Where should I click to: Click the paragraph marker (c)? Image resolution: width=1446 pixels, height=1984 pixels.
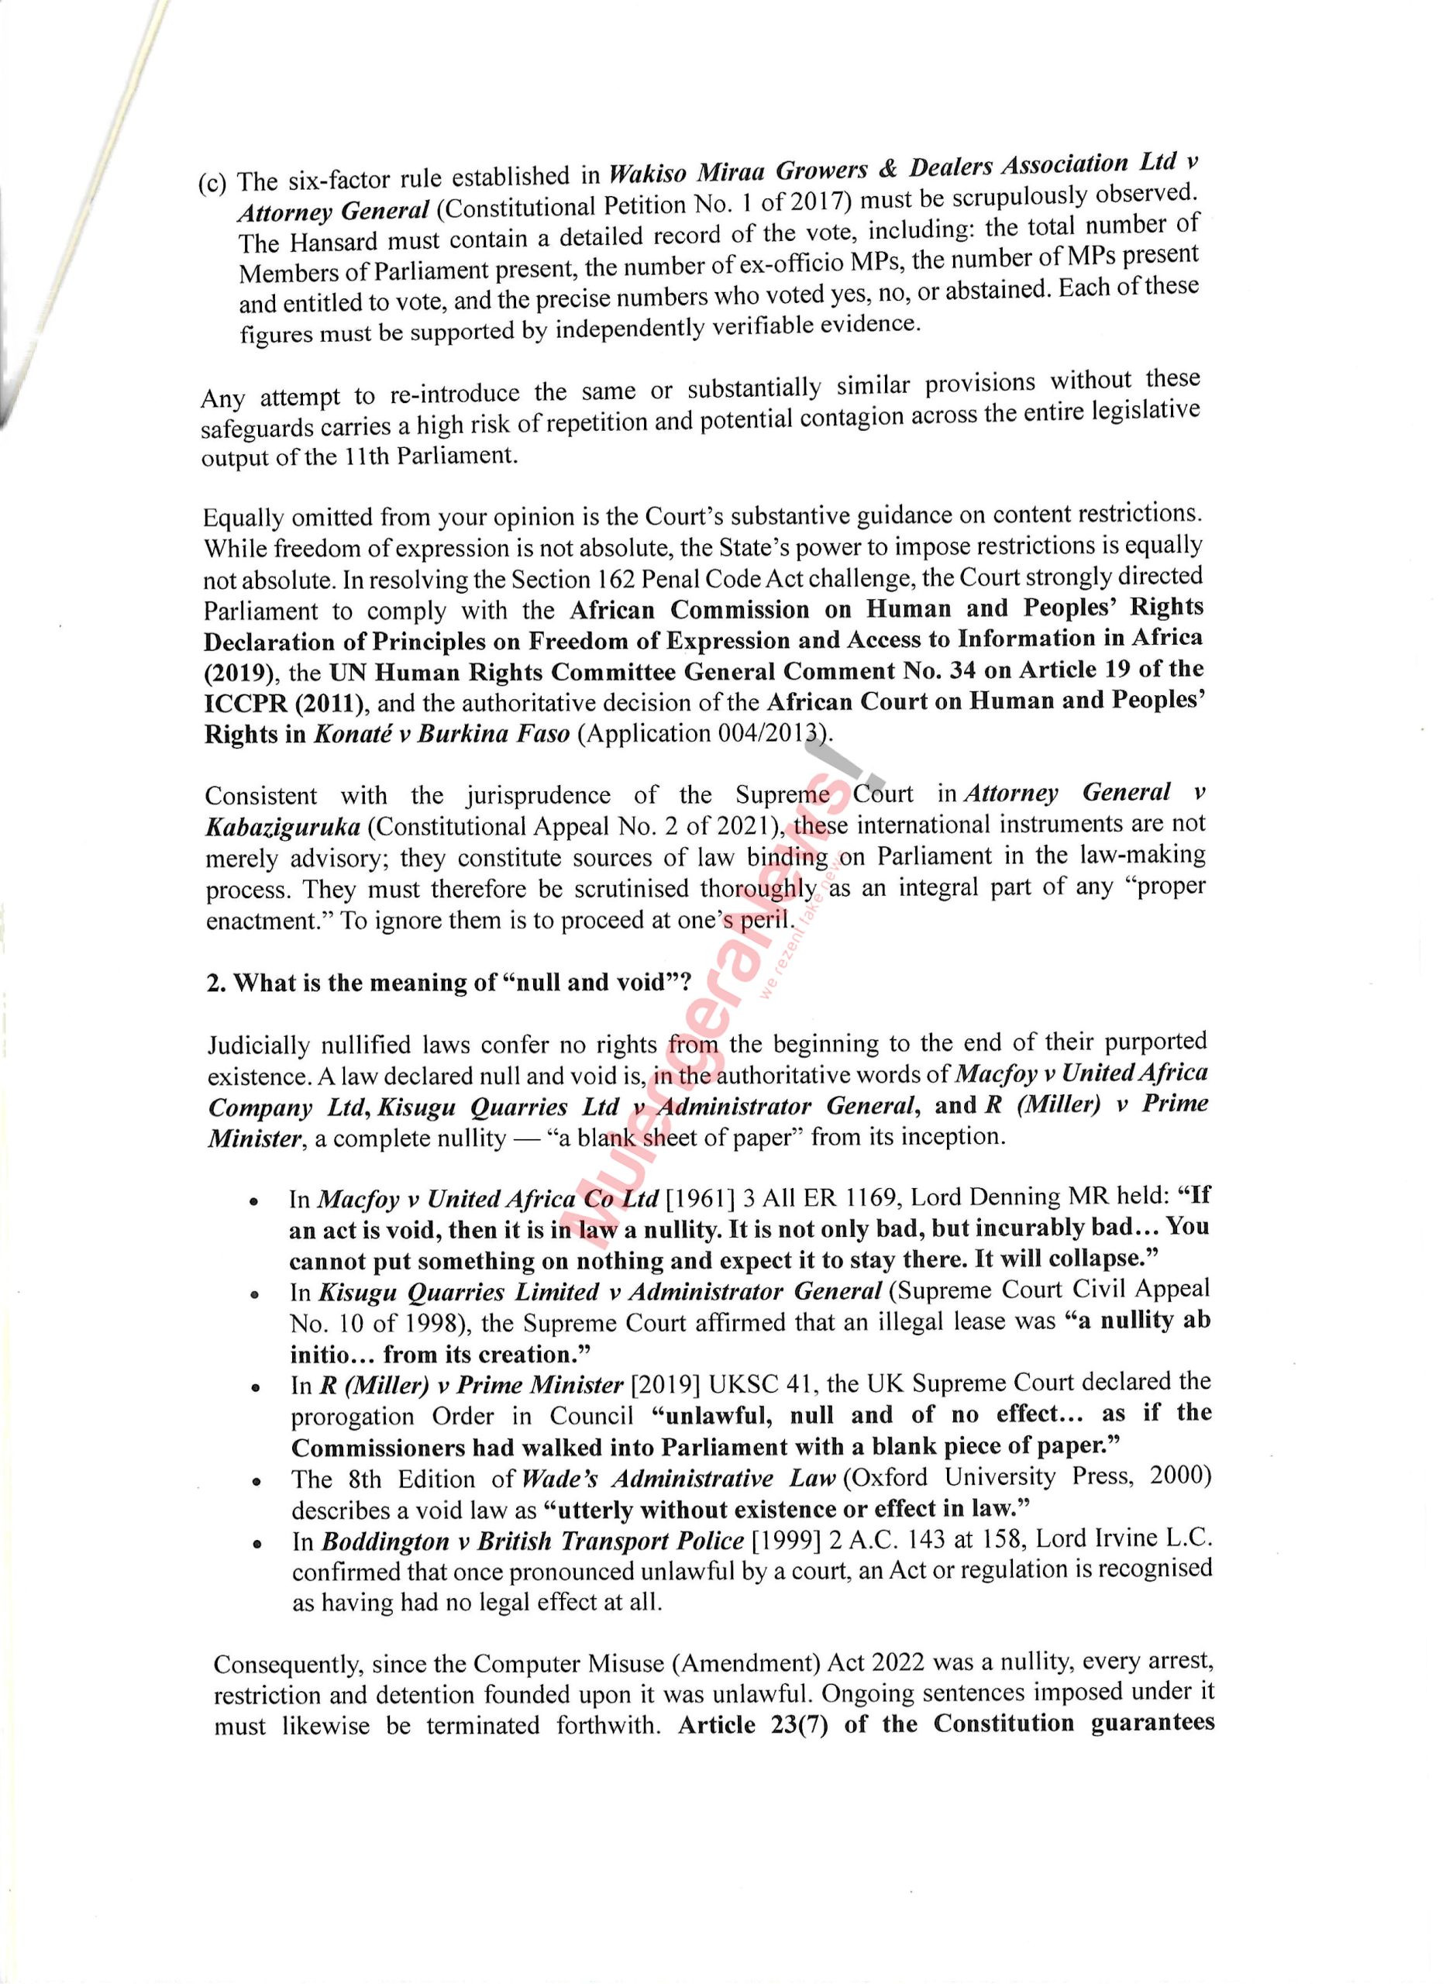[x=212, y=184]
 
